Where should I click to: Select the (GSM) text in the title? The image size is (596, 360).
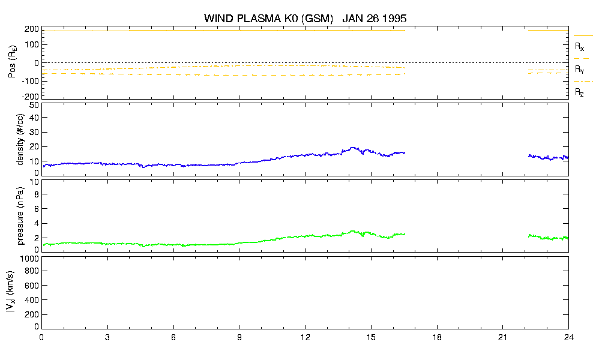coord(317,19)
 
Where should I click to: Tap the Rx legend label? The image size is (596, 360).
coord(579,47)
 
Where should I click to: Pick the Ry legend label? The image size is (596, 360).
coord(579,70)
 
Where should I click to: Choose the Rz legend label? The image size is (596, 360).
coord(579,92)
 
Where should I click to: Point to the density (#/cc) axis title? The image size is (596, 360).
coord(20,139)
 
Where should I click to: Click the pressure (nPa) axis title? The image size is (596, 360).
coord(20,215)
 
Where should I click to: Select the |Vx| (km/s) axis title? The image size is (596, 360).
coord(10,292)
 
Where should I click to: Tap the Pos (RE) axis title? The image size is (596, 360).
coord(13,62)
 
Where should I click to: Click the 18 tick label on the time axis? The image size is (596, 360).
coord(437,337)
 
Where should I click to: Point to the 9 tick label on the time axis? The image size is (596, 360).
coord(239,337)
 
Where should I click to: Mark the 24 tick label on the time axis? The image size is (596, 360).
coord(568,337)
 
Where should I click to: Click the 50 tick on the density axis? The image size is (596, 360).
coord(34,106)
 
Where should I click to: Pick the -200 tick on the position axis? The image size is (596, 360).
coord(31,97)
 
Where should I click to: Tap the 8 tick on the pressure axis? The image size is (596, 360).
coord(37,194)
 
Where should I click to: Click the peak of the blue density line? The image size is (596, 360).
coord(353,148)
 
